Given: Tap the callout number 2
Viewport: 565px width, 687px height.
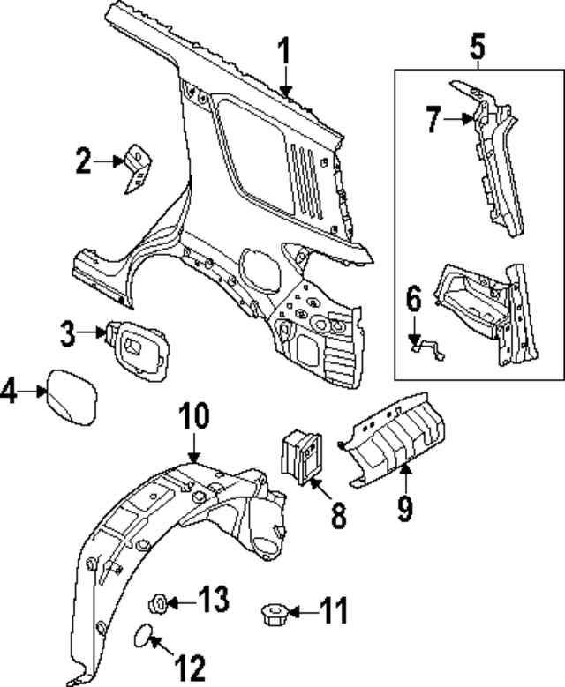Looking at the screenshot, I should (x=83, y=161).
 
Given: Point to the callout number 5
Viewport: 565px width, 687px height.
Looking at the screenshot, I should (x=477, y=43).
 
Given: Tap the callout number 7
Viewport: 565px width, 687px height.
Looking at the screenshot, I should (x=433, y=119).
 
